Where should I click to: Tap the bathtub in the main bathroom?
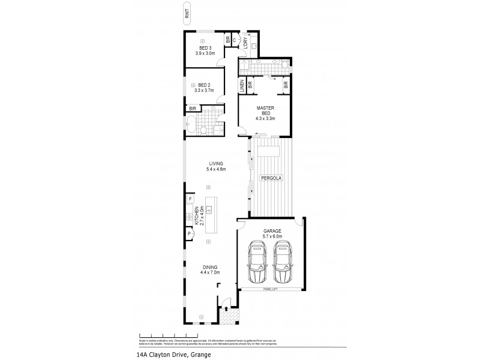pos(191,125)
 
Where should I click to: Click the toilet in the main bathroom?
pos(203,130)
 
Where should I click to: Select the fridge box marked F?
pos(190,199)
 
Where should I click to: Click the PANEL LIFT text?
pos(271,290)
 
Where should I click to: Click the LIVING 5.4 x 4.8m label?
pos(215,166)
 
